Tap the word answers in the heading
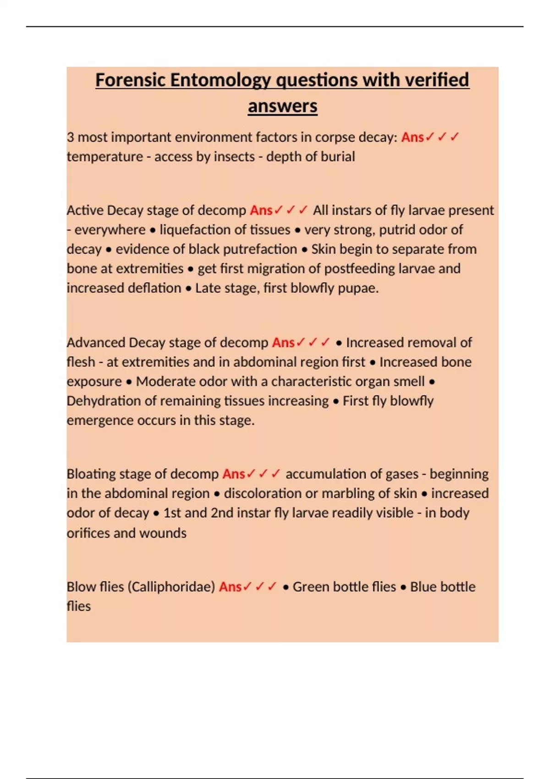pos(282,106)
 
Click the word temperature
pos(105,157)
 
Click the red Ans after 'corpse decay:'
pos(412,137)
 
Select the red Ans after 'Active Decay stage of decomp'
pos(261,210)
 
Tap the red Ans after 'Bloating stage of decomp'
pos(234,474)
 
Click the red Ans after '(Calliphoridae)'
pos(230,587)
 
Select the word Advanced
pos(96,343)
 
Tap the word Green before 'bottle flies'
pos(311,587)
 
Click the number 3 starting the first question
pos(70,137)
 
